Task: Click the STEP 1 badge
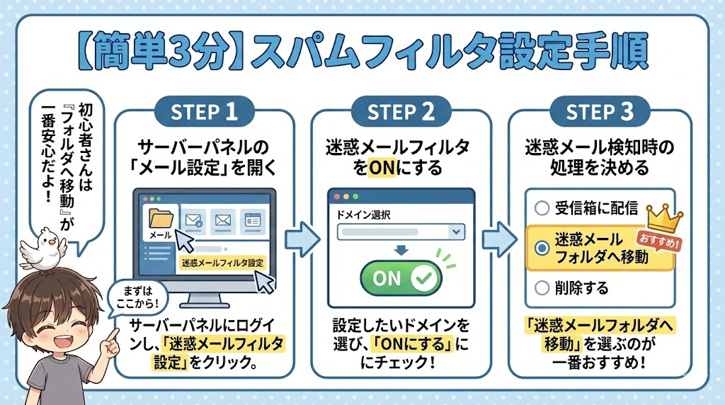(x=205, y=112)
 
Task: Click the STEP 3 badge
(x=600, y=112)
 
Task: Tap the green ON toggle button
(x=401, y=278)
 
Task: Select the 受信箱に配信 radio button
(x=542, y=208)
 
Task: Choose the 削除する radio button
(x=542, y=288)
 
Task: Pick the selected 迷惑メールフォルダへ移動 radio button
(x=542, y=248)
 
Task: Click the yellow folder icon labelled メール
(x=160, y=219)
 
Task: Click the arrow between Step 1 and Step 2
(x=301, y=236)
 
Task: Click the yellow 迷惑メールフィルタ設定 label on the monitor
(x=221, y=263)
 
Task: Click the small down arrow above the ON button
(x=400, y=250)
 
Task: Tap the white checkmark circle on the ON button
(x=423, y=278)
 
